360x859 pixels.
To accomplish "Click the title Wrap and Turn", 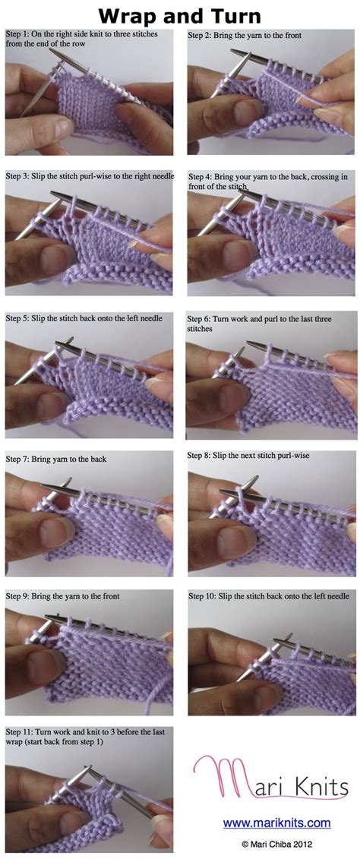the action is pos(179,15).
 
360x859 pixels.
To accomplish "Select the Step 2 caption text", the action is pos(245,35).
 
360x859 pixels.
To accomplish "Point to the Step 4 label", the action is pos(201,178).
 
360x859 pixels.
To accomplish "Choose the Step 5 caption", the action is pos(84,317).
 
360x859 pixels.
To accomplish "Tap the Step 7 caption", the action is pos(56,459).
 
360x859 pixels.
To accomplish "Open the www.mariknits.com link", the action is pos(276,823).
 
